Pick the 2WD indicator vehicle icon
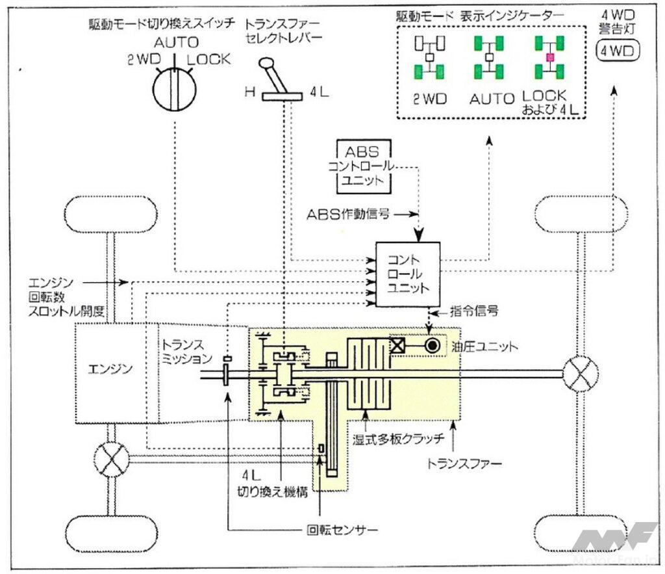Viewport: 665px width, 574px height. click(x=429, y=58)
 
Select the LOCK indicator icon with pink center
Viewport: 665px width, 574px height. click(x=549, y=58)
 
